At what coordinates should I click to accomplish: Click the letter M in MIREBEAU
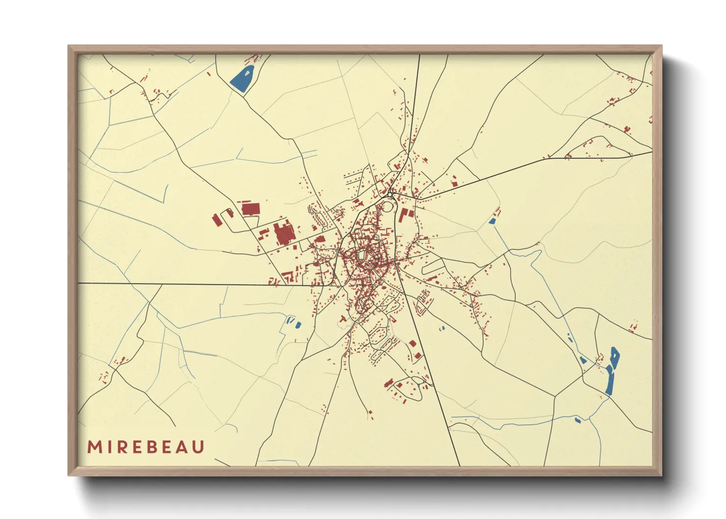[94, 447]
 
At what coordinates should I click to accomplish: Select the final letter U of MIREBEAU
[198, 447]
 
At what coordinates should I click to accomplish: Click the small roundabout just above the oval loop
[391, 193]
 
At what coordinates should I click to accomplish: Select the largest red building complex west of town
[283, 234]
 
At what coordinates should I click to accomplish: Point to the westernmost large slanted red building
[216, 220]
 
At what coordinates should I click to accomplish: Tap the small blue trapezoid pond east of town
[492, 221]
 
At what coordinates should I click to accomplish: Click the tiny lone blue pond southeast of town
[442, 328]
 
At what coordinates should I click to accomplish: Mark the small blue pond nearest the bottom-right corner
[577, 419]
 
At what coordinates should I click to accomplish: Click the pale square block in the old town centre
[363, 256]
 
